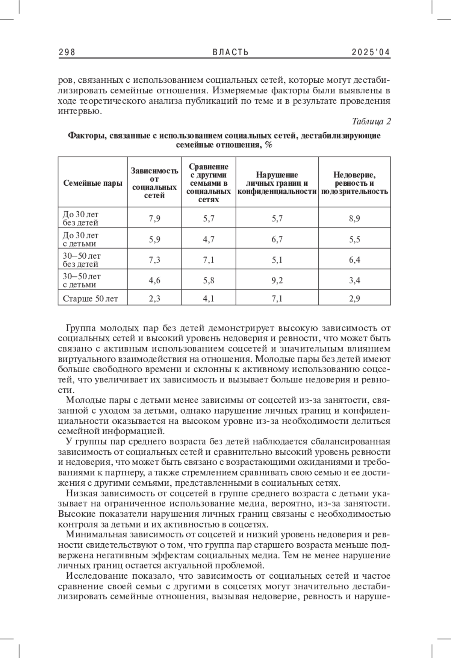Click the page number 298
click(x=67, y=52)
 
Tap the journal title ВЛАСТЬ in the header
click(x=230, y=52)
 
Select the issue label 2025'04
click(x=371, y=52)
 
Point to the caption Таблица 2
click(x=371, y=121)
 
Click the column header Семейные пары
click(x=93, y=183)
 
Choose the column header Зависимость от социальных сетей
click(x=154, y=183)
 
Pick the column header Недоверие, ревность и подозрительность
click(x=354, y=183)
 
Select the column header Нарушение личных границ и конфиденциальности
click(x=277, y=183)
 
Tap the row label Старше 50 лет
click(x=90, y=299)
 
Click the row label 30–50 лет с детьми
click(x=82, y=280)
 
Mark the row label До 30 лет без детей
click(x=80, y=218)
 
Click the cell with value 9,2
click(x=277, y=280)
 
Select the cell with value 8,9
click(x=354, y=218)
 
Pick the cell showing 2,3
click(x=154, y=299)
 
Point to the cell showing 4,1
click(x=209, y=299)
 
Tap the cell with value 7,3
click(x=154, y=260)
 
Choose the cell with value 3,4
click(x=354, y=280)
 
